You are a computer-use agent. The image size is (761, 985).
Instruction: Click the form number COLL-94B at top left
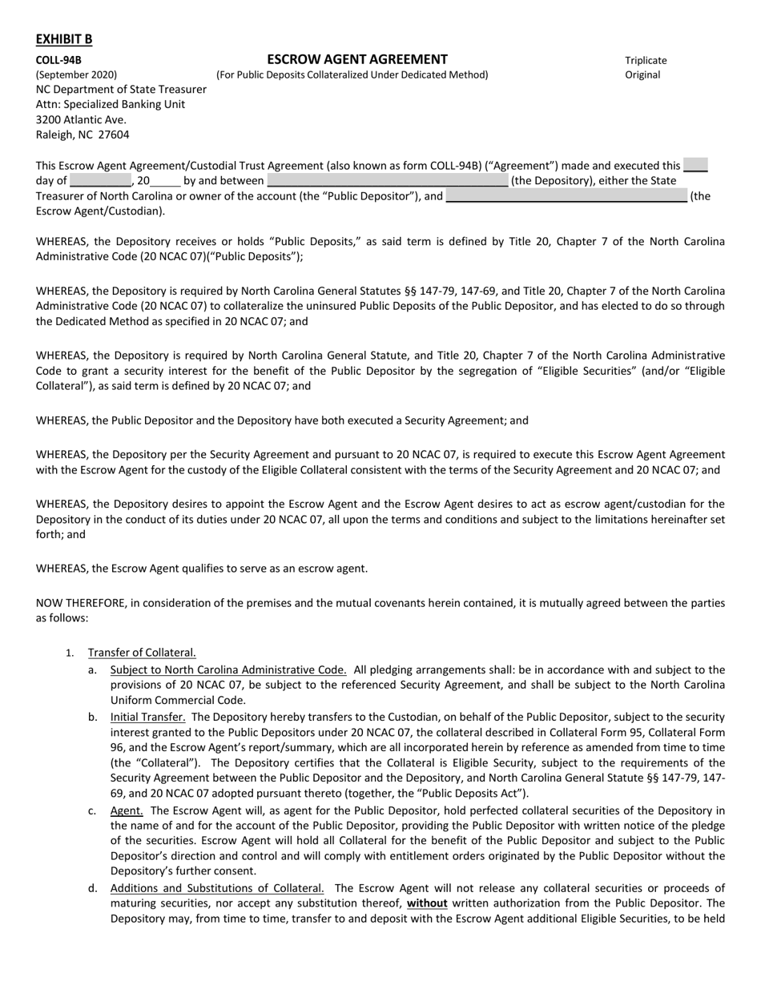point(58,60)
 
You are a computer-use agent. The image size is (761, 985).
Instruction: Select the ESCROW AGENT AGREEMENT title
point(357,59)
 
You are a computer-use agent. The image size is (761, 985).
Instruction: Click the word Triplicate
point(646,60)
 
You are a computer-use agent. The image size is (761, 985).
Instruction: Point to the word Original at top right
point(642,74)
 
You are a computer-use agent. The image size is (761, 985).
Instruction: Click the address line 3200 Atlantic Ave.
point(81,119)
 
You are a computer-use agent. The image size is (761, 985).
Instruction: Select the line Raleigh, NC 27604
point(83,135)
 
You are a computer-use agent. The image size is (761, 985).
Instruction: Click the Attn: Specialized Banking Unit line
point(111,104)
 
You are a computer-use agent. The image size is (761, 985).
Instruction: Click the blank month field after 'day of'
point(100,181)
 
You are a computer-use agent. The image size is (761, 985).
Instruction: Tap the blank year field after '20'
point(165,181)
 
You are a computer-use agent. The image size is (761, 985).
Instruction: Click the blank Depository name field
point(387,181)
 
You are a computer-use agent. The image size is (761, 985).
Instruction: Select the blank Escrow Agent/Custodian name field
point(566,196)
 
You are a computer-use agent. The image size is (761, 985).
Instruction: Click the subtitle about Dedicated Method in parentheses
point(352,74)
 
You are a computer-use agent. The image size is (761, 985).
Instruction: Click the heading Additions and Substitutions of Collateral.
point(217,888)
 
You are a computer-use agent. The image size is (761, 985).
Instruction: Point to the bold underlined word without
point(427,903)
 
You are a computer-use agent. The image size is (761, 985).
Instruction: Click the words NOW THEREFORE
point(81,603)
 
